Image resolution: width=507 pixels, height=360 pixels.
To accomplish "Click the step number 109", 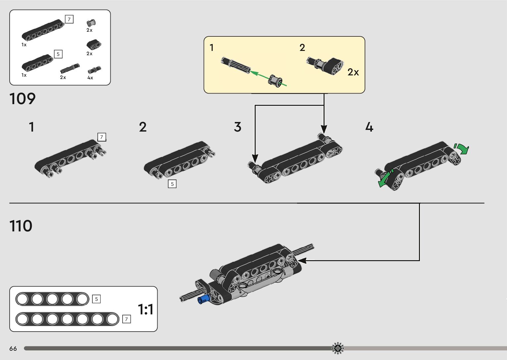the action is [23, 99].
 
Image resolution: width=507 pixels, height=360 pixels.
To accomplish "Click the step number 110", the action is [21, 226].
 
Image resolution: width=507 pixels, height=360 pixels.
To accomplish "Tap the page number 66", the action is [13, 348].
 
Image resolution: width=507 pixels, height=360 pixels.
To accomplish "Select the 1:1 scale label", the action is [145, 309].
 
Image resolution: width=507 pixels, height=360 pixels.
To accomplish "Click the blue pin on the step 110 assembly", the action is [203, 300].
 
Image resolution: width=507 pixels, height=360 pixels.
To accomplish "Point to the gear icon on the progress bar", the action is [338, 348].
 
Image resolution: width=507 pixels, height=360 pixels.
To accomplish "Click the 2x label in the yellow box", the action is [353, 72].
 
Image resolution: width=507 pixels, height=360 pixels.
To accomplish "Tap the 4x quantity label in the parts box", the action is [90, 78].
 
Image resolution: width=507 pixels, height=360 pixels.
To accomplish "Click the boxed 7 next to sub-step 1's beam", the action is [102, 137].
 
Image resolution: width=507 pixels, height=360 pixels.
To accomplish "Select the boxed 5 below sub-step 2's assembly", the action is [172, 184].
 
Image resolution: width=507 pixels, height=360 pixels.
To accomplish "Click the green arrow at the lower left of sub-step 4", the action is [385, 179].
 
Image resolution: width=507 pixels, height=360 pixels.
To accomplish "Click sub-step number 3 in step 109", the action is [238, 127].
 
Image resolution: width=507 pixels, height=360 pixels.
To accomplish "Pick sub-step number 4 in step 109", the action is [369, 127].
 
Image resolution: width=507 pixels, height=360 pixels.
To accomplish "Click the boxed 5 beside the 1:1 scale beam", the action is [96, 299].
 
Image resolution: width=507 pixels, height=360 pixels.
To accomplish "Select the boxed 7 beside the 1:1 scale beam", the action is [127, 319].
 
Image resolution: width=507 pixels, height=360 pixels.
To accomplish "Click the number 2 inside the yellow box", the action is [302, 48].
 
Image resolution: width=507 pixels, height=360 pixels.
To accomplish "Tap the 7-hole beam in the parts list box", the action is [43, 30].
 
